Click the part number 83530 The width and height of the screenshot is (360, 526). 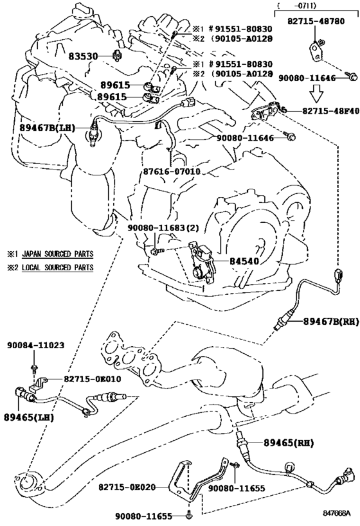[x=84, y=56]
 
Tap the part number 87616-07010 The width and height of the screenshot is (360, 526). [x=172, y=171]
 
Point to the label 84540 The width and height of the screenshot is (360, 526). [x=244, y=261]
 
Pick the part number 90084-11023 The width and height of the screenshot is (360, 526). [x=36, y=345]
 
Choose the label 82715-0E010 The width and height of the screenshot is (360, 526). [x=93, y=379]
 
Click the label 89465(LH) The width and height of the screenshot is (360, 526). [x=29, y=417]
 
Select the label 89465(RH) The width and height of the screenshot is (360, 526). [x=289, y=443]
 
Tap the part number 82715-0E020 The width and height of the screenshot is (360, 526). [x=128, y=486]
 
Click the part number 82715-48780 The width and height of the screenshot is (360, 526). [x=316, y=21]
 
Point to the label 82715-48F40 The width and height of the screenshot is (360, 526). [x=331, y=110]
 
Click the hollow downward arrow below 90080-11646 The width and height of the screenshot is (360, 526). [x=316, y=93]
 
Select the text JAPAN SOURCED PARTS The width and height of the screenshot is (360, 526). [x=58, y=254]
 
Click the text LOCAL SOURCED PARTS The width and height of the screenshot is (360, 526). [x=58, y=267]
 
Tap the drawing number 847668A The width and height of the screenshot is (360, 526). [x=336, y=513]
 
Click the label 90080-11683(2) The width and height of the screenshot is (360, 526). [x=163, y=228]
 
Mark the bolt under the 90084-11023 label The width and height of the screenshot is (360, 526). [x=33, y=368]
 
